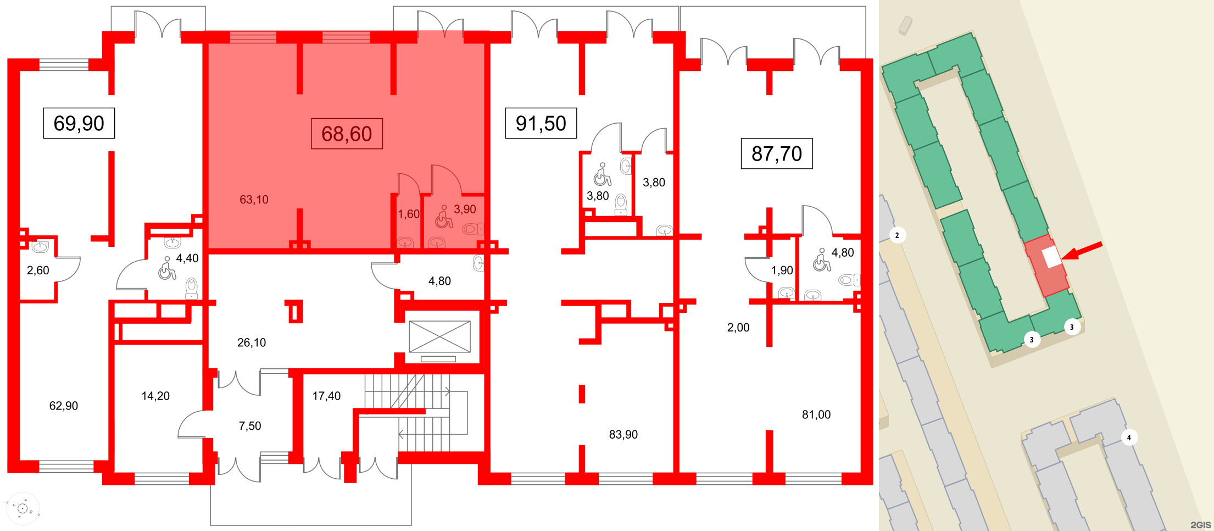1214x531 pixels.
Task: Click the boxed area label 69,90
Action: click(79, 123)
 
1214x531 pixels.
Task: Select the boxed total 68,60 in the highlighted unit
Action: click(347, 134)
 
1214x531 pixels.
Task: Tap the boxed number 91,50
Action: click(541, 123)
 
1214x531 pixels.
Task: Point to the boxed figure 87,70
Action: click(776, 153)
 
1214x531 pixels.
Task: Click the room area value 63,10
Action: click(254, 200)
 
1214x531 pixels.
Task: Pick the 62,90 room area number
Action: click(64, 406)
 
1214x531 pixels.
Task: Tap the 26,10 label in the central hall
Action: click(252, 342)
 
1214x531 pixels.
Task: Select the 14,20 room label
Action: click(155, 396)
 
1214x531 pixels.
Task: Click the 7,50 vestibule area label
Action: click(250, 426)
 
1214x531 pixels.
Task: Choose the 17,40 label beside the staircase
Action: click(326, 396)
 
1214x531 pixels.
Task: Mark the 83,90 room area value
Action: click(623, 434)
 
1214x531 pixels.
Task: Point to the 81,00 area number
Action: click(816, 414)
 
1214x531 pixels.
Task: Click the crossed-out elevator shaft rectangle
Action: click(439, 336)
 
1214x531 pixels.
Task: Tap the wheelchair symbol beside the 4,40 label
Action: click(166, 269)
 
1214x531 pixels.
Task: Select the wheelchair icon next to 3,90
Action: click(443, 218)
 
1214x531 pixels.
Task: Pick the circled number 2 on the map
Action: click(897, 235)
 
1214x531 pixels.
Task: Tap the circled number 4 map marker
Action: click(1129, 438)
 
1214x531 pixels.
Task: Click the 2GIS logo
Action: click(1201, 524)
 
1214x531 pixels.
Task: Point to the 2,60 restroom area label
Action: click(38, 270)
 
